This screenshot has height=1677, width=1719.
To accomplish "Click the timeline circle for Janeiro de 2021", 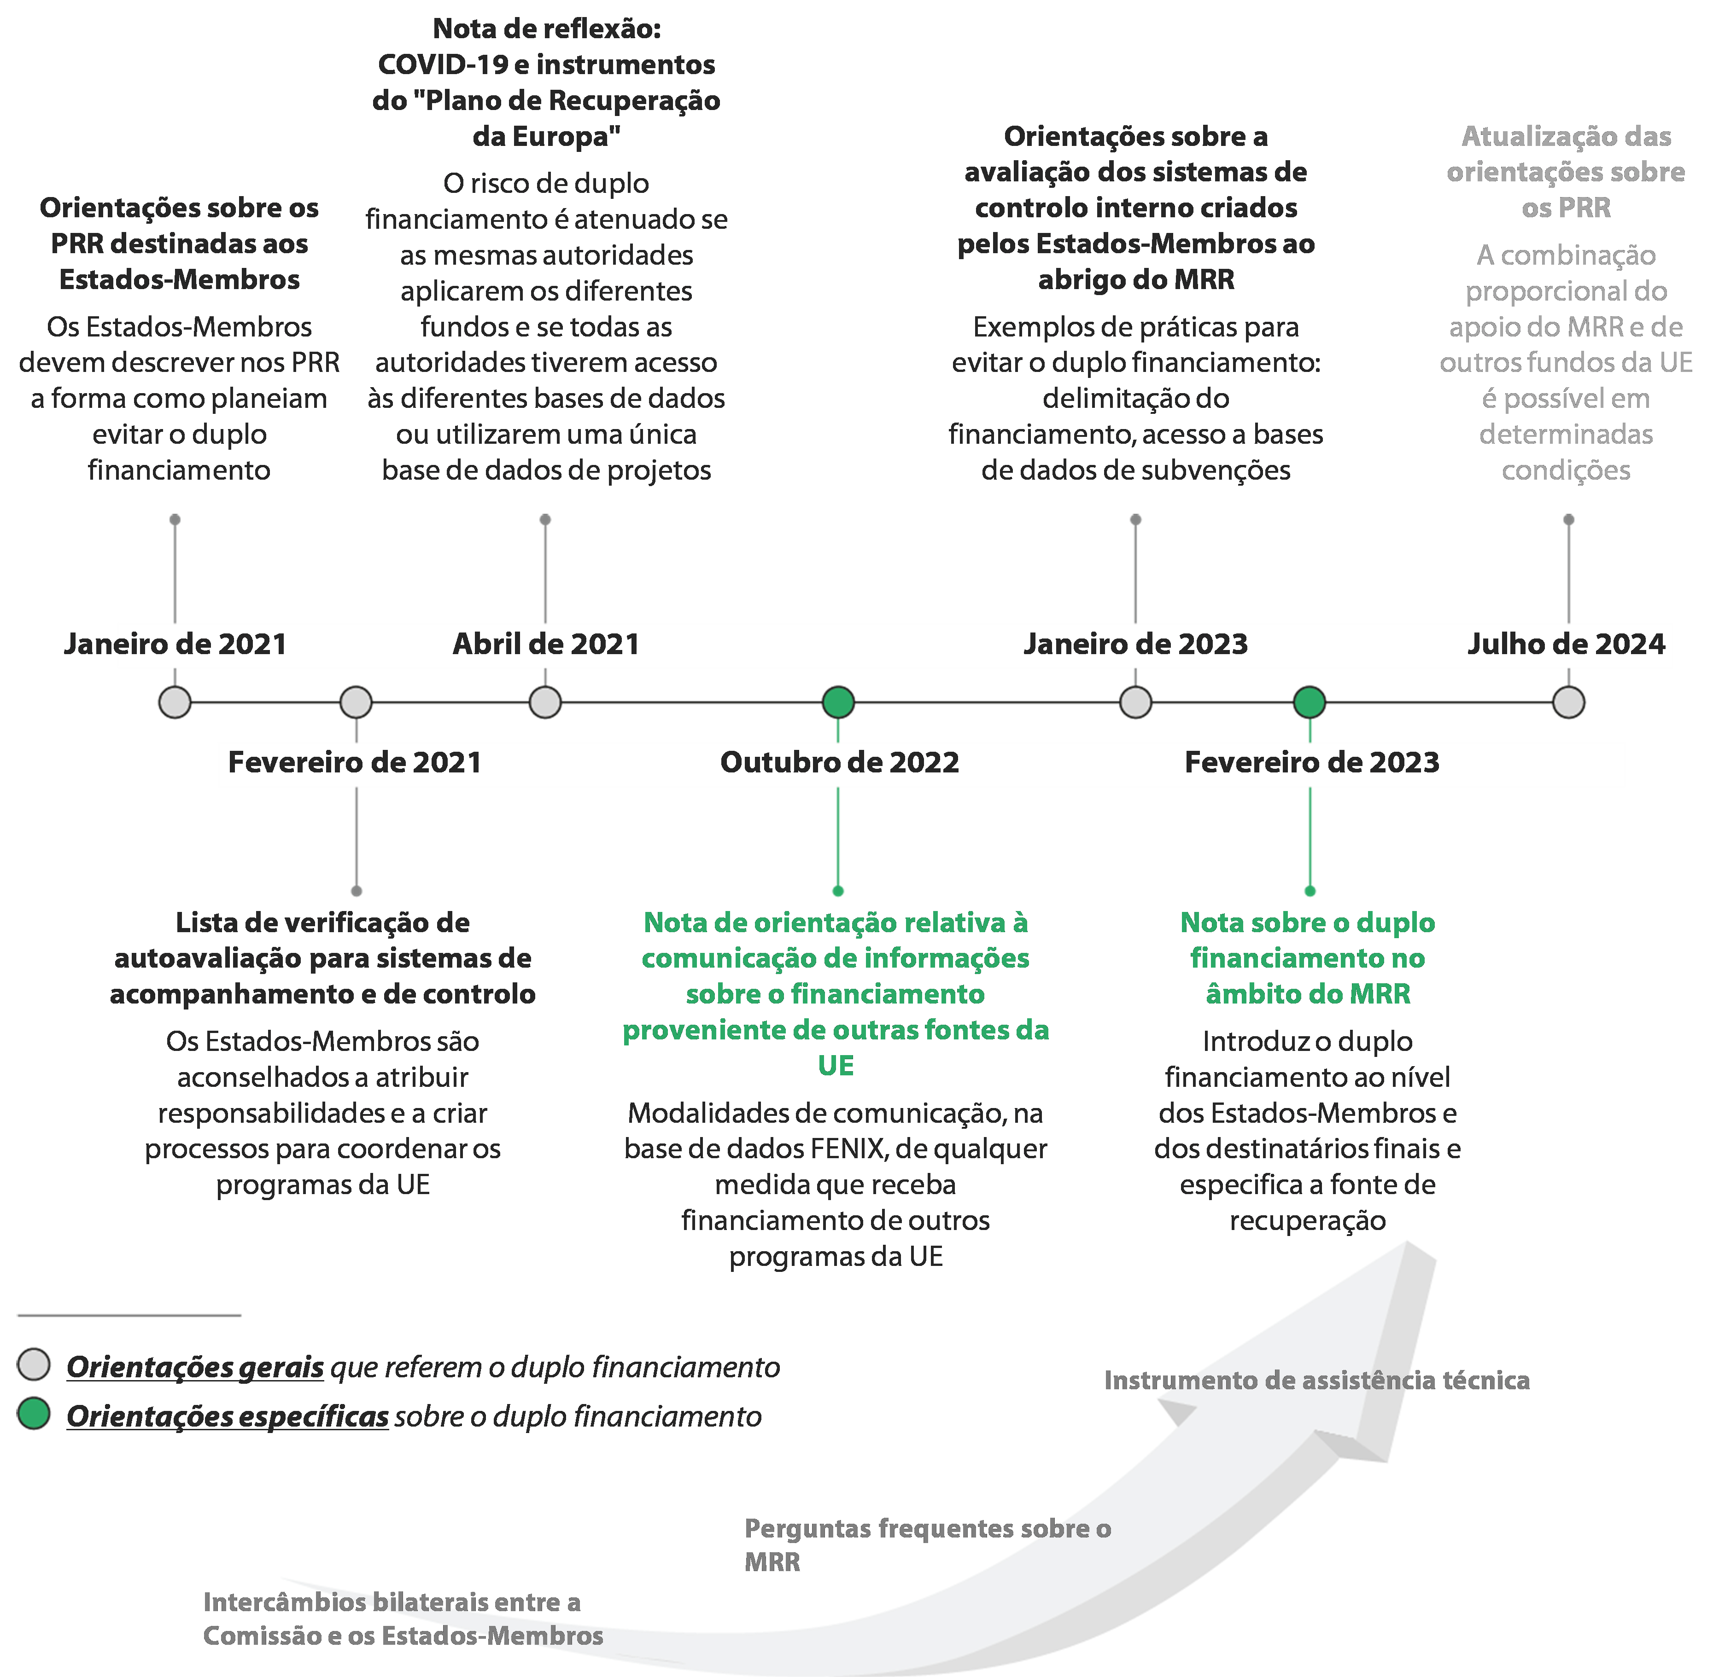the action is (175, 702).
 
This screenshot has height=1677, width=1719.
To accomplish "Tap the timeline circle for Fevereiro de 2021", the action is (356, 702).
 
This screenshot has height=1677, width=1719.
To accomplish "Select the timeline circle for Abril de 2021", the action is (545, 702).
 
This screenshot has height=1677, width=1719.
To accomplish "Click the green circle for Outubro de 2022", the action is (838, 702).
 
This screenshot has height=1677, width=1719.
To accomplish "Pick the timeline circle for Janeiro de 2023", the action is (1136, 702).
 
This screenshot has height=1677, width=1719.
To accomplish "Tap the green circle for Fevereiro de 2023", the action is (1310, 702).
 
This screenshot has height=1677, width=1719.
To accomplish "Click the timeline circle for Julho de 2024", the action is (1568, 702).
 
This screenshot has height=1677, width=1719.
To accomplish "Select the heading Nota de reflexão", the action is (546, 29).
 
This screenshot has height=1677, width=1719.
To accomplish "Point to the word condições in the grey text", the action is (1566, 470).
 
